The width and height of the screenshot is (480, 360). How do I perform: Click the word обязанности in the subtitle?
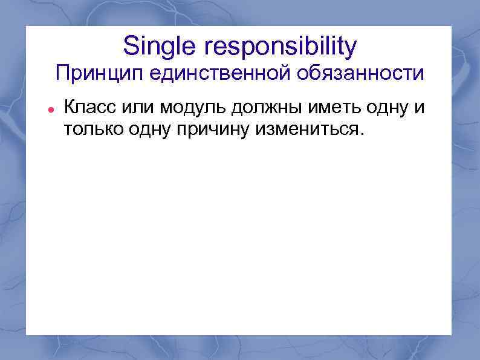[360, 74]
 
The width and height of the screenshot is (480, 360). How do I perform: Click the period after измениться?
[362, 136]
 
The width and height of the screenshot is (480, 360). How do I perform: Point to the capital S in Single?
[130, 45]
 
